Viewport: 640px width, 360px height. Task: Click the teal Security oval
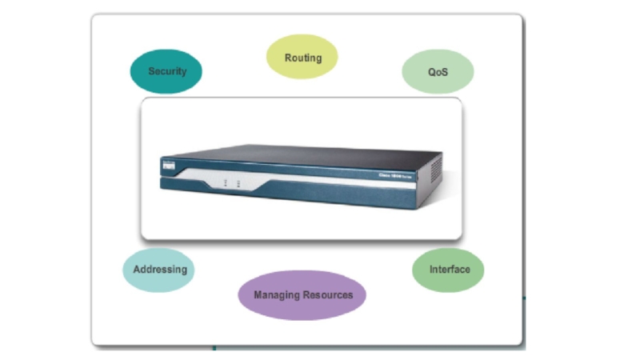(x=166, y=71)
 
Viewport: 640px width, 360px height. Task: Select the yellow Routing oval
(x=302, y=57)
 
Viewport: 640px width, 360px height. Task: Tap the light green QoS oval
(x=438, y=71)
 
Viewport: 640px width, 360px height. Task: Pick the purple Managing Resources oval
(x=302, y=294)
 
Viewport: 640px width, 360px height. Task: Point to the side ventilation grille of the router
(x=435, y=170)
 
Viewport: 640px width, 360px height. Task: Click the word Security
(x=166, y=71)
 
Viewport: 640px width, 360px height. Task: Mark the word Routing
(x=302, y=58)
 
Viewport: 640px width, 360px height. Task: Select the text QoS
(x=438, y=71)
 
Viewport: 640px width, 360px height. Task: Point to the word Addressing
(x=158, y=269)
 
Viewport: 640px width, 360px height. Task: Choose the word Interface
(x=449, y=269)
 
